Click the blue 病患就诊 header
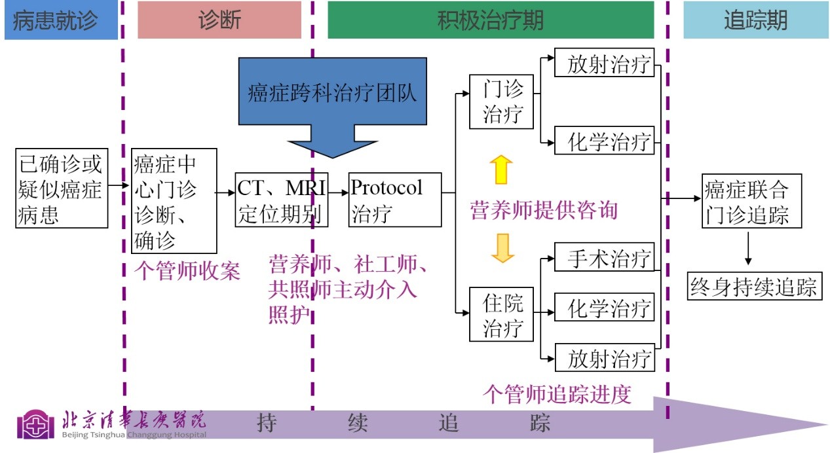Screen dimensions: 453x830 click(x=60, y=20)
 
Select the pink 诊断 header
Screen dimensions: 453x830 click(x=219, y=20)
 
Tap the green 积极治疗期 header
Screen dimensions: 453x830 click(x=490, y=20)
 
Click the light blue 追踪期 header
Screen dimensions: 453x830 click(x=755, y=20)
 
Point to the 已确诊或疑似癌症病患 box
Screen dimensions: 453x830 click(x=62, y=188)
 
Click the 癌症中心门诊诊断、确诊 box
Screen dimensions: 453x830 click(x=174, y=201)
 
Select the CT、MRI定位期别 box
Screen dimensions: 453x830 click(x=281, y=198)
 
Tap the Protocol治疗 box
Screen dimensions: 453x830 click(x=395, y=198)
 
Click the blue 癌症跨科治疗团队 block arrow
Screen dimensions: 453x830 click(x=333, y=98)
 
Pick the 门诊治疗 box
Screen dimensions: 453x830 click(x=502, y=102)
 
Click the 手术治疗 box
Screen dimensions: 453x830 click(x=604, y=258)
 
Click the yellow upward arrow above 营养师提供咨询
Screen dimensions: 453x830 click(x=502, y=169)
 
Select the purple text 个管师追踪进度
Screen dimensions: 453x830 click(x=557, y=394)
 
